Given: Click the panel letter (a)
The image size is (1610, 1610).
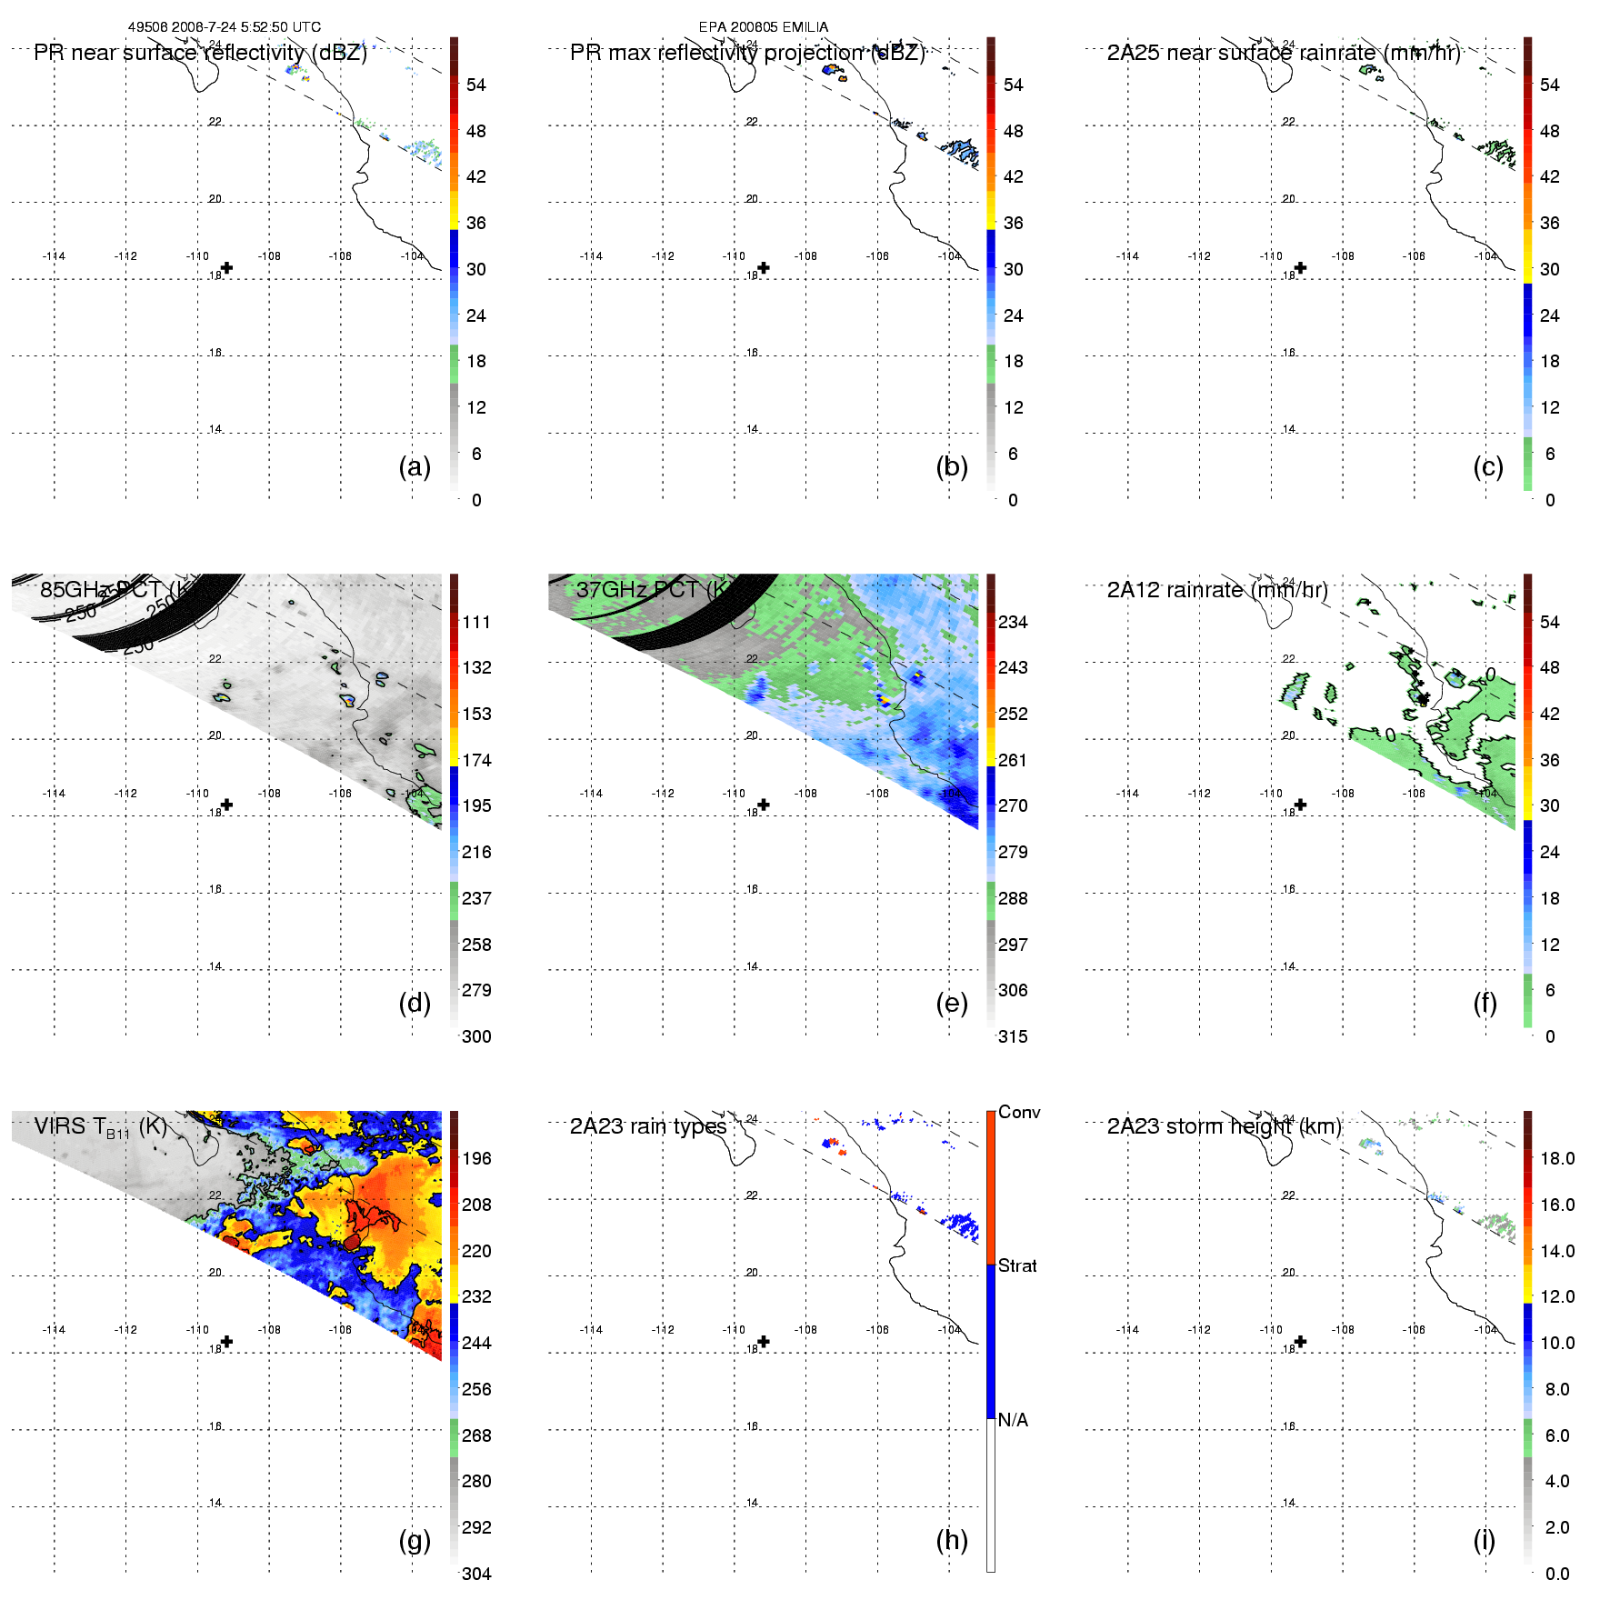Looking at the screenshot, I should (415, 467).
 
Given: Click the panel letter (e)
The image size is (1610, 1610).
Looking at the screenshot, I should (952, 1004).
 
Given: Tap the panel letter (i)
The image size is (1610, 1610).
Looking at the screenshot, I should (1484, 1540).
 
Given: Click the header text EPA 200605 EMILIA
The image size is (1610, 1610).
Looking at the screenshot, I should (764, 27).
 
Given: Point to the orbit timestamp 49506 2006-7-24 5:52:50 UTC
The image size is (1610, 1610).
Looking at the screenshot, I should (225, 27).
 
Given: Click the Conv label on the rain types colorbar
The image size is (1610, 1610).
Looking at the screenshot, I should (1019, 1113).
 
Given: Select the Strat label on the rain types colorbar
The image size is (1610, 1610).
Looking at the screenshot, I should (1017, 1266).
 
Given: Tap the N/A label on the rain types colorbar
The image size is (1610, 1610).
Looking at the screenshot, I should (1013, 1420).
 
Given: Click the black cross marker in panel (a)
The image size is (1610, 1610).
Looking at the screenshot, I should (227, 268).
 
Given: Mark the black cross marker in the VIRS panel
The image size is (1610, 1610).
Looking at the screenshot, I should (227, 1342).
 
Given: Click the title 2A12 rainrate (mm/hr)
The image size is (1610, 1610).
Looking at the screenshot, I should (1217, 590).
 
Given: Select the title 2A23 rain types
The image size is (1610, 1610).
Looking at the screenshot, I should (648, 1127).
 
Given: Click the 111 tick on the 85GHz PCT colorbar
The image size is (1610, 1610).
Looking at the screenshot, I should (476, 623).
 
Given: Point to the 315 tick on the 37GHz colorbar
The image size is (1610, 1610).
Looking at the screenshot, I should (1013, 1037).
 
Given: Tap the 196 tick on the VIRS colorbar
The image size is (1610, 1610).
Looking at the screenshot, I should (476, 1159).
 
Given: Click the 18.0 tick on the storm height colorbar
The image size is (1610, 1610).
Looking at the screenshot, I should (1557, 1159).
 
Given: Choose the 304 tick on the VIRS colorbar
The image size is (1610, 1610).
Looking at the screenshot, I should (476, 1575).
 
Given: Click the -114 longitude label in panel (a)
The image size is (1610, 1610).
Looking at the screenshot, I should (54, 256).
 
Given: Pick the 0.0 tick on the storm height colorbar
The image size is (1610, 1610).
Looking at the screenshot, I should (1557, 1575).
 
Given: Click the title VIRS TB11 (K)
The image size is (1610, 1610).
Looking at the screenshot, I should (100, 1127).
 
